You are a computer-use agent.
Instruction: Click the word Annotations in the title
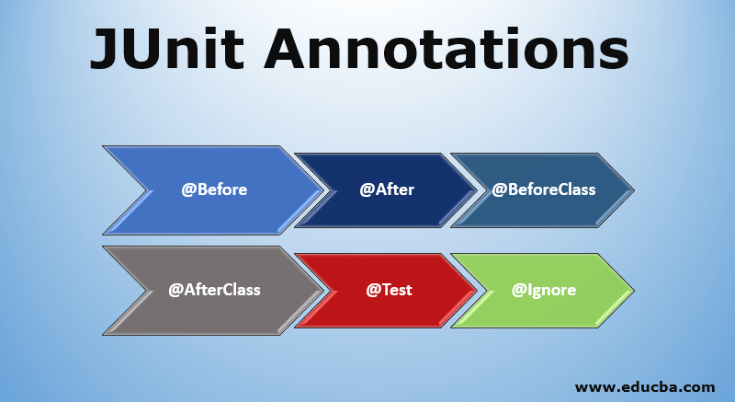[447, 49]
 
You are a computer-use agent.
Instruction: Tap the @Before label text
[214, 190]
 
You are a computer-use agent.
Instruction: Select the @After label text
[387, 190]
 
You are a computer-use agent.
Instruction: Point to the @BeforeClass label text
[544, 190]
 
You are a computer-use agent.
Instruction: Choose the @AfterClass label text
[214, 290]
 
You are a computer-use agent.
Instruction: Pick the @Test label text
[389, 290]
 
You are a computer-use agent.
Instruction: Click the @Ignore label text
[544, 290]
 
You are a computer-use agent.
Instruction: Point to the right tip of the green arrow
[633, 289]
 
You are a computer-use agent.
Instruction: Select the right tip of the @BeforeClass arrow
[633, 191]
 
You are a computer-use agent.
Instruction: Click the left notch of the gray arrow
[150, 291]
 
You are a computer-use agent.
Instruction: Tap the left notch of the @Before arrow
[150, 191]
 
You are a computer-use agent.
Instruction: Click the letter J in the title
[104, 49]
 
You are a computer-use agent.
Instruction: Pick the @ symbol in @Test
[373, 290]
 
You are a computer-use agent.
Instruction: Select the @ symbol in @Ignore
[518, 290]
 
